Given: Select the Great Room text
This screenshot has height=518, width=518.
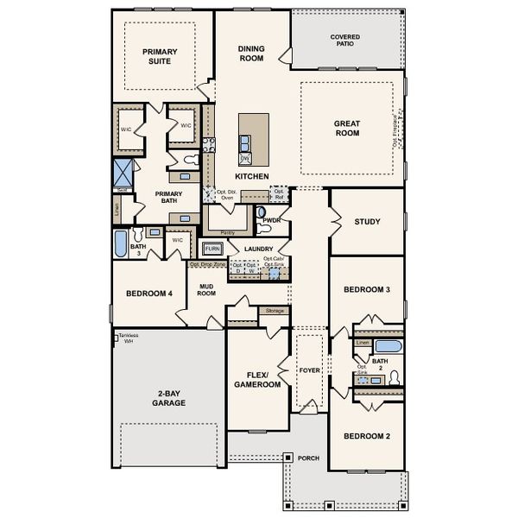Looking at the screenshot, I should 347,129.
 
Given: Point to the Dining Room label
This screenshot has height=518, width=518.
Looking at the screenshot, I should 251,54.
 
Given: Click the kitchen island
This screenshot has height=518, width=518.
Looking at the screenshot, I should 253,138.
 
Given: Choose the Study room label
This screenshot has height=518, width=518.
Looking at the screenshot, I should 367,222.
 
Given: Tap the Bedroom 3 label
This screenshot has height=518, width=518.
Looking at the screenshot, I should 367,290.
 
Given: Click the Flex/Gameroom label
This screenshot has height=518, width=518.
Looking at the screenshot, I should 258,380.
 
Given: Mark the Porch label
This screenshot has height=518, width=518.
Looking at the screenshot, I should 307,458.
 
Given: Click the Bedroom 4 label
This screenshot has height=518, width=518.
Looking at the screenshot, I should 149,294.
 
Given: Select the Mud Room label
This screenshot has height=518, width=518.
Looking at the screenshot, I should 206,289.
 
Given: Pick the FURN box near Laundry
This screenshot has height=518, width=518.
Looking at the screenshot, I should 212,249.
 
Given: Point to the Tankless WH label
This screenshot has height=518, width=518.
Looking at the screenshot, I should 128,338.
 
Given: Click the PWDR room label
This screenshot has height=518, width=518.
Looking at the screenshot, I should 272,220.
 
